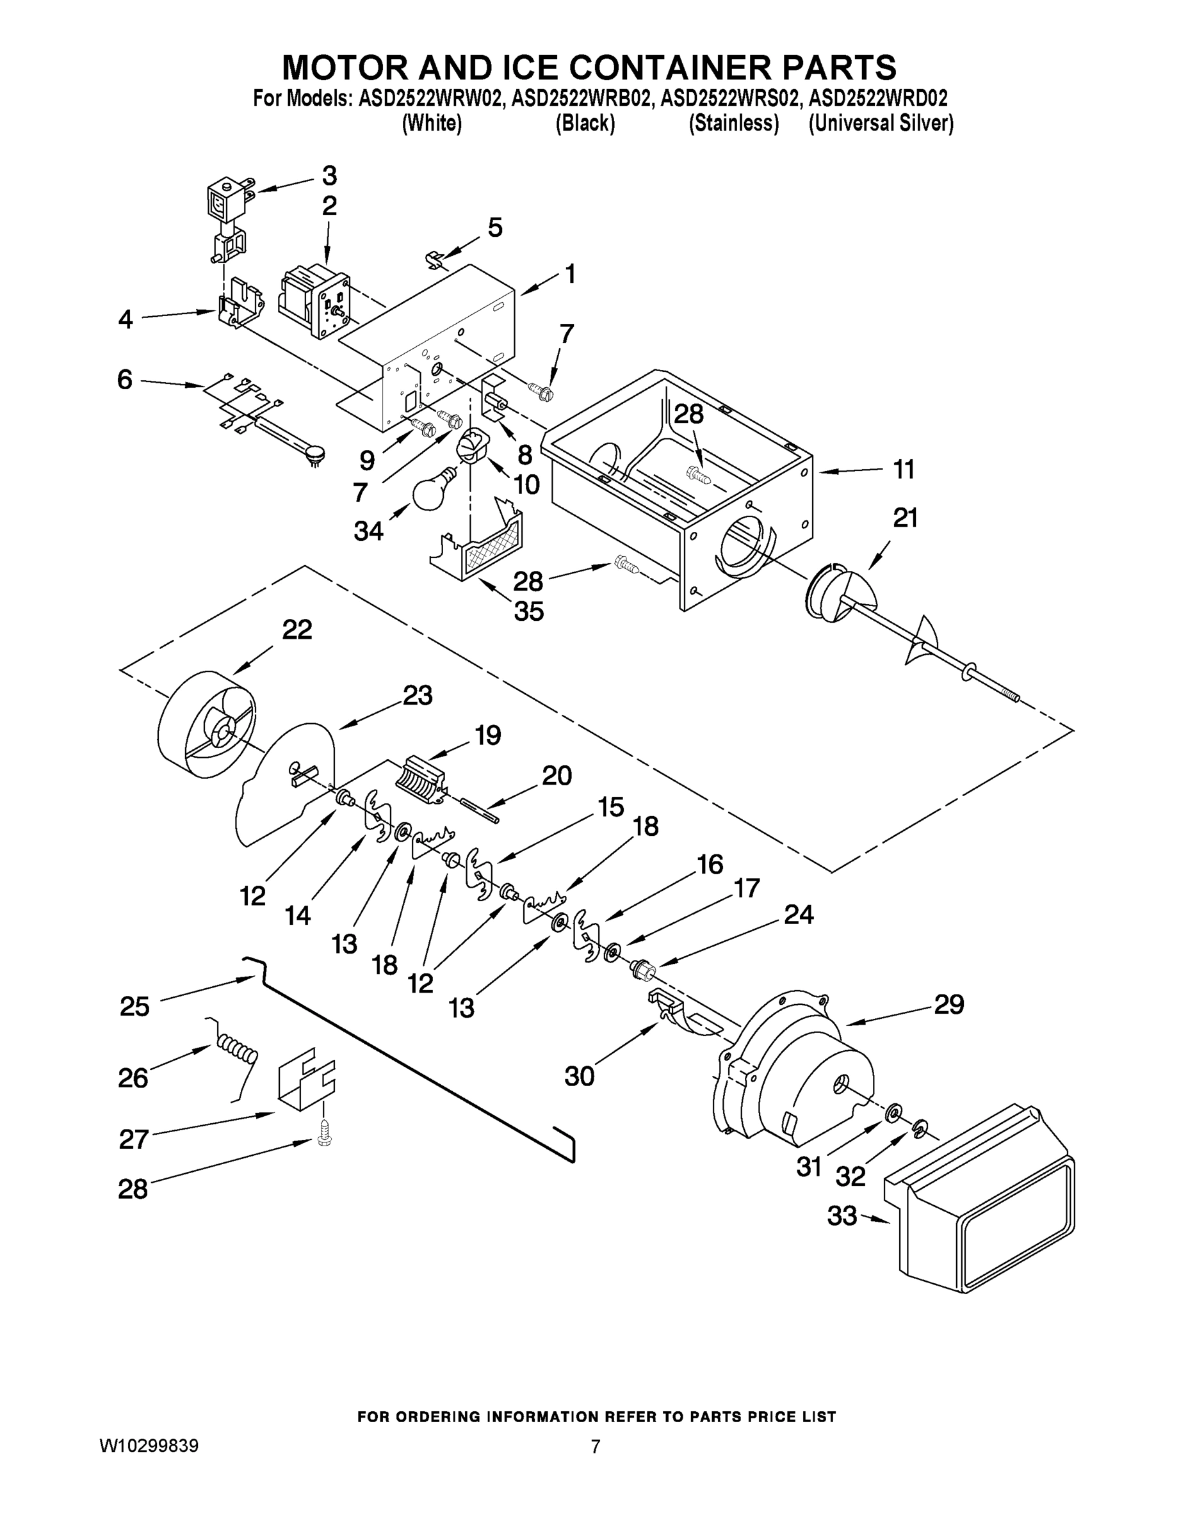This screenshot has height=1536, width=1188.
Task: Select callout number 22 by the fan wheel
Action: [x=297, y=630]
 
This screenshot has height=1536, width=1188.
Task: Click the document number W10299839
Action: [x=149, y=1446]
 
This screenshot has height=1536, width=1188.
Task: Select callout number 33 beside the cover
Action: [x=842, y=1215]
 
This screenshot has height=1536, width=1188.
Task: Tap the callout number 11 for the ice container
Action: [x=904, y=469]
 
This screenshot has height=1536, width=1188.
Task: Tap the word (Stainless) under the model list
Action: [x=733, y=123]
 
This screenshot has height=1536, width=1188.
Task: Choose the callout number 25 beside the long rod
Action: [x=134, y=1007]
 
